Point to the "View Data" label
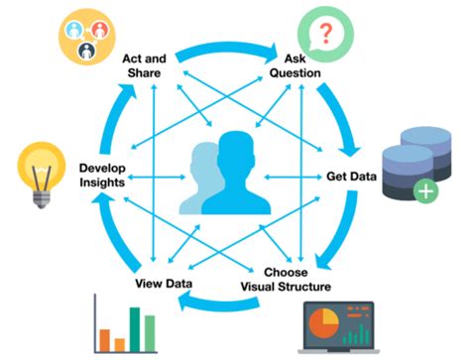point(164,285)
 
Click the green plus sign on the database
point(426,190)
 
